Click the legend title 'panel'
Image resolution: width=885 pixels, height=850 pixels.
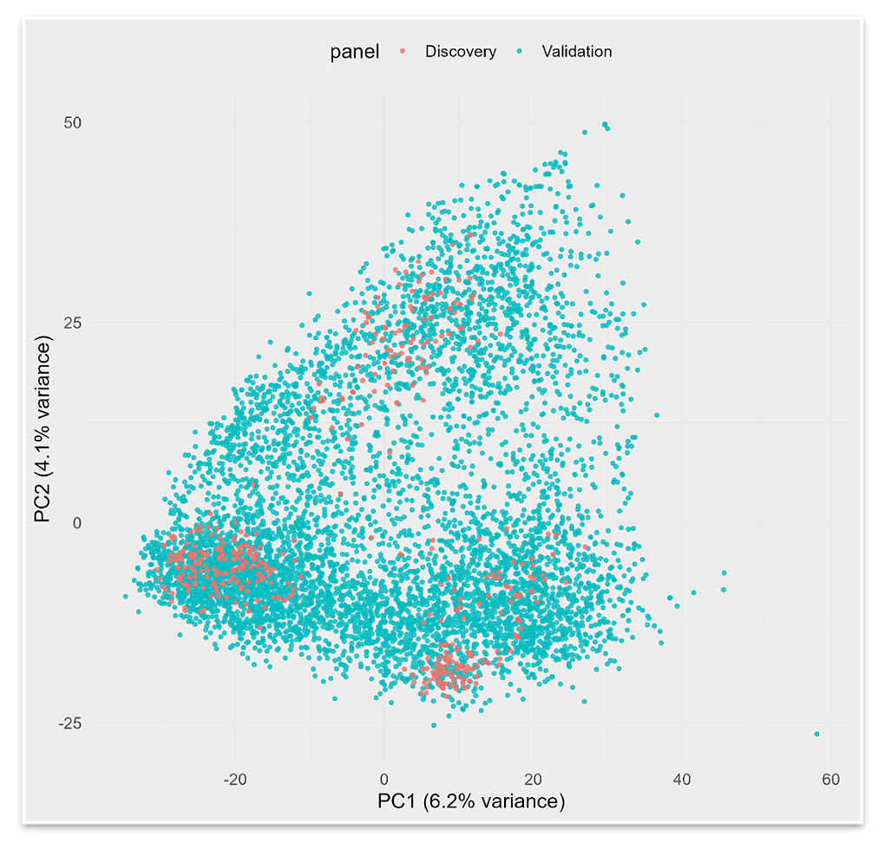coord(354,52)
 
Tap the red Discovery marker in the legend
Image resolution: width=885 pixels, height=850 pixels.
coord(402,52)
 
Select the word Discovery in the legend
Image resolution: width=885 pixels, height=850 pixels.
coord(460,52)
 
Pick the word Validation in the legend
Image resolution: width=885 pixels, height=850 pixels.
coord(576,52)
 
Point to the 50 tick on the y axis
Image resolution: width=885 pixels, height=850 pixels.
coord(71,123)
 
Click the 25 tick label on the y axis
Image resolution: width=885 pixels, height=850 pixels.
coord(71,323)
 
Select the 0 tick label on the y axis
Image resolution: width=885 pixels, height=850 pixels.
coord(76,523)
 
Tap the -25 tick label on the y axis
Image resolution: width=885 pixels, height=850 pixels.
coord(69,723)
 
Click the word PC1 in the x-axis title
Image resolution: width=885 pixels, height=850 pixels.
coord(398,801)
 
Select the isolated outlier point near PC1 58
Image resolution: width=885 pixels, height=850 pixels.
coord(816,735)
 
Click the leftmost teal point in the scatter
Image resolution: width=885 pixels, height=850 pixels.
coord(126,596)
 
